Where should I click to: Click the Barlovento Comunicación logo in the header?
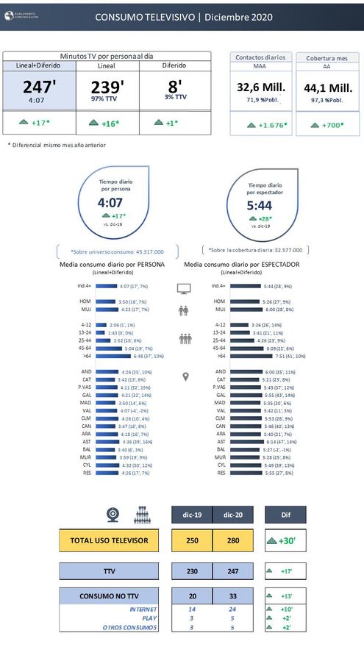tap(22, 15)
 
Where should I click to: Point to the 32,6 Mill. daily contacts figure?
tap(261, 87)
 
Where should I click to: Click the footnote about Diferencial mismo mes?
tap(57, 145)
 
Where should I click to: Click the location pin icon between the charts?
tap(185, 377)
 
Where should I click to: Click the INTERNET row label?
tap(143, 610)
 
